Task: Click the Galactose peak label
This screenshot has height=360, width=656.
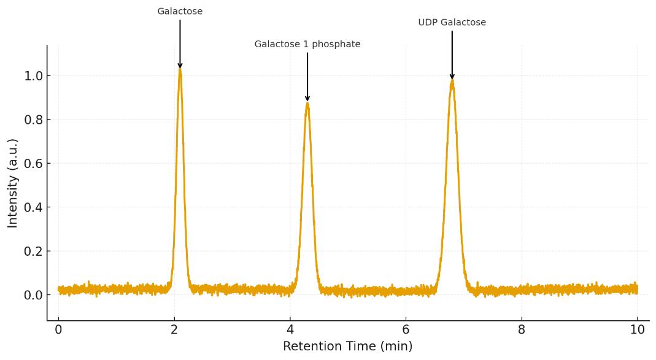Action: click(180, 12)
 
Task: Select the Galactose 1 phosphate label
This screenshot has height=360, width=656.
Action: click(307, 45)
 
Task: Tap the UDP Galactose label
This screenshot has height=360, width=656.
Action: click(452, 23)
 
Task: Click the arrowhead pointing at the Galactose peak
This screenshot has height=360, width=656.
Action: click(180, 65)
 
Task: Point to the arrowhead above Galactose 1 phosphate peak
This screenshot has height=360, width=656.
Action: click(307, 98)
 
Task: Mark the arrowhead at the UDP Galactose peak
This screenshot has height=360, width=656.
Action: click(452, 76)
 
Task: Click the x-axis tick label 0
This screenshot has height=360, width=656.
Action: click(58, 329)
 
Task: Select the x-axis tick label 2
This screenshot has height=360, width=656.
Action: click(174, 329)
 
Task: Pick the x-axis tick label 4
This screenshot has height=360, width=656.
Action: click(290, 329)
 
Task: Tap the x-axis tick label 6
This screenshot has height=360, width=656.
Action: click(406, 329)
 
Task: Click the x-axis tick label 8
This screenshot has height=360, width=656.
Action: click(522, 329)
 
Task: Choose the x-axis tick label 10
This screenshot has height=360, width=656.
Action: click(637, 329)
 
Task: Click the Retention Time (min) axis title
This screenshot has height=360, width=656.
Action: click(347, 347)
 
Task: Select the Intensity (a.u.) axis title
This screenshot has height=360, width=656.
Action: click(13, 183)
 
